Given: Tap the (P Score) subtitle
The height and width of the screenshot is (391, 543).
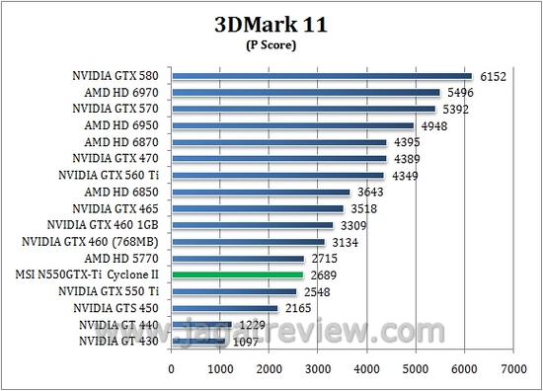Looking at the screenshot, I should [271, 45].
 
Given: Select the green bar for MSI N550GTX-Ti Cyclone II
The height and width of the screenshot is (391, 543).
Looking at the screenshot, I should [237, 274].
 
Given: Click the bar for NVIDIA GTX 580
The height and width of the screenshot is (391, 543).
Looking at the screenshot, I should [322, 75].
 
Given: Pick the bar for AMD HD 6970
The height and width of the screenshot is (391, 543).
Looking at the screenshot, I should [306, 92].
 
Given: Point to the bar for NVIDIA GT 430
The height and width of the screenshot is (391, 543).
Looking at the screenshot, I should [198, 341].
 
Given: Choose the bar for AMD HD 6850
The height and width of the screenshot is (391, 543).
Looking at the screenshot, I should [261, 192].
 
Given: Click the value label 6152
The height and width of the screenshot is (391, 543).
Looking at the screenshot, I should [493, 76].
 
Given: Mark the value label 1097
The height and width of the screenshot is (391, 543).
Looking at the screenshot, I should [248, 342].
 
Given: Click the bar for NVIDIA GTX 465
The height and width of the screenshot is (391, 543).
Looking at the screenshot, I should [258, 208].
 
